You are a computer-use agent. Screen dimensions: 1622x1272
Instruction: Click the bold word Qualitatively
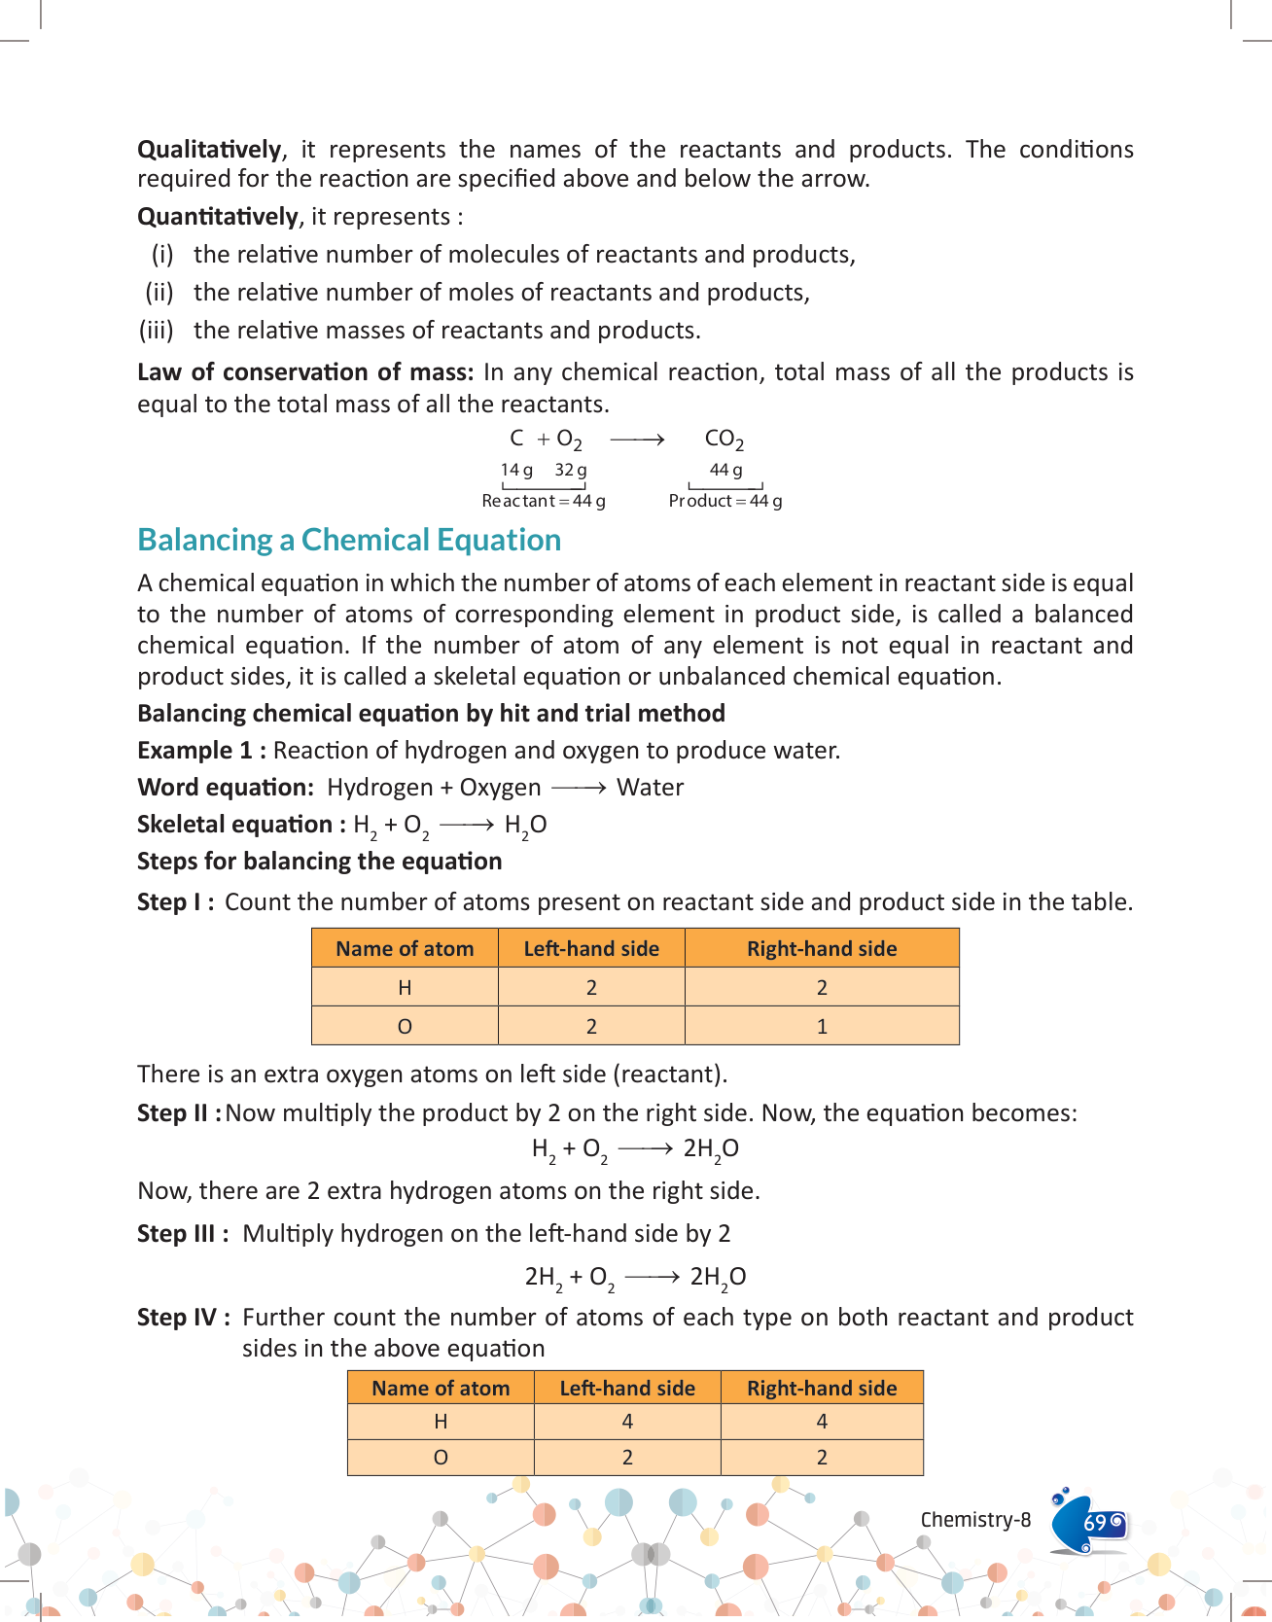pyautogui.click(x=209, y=150)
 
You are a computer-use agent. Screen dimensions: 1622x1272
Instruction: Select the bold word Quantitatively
pyautogui.click(x=218, y=217)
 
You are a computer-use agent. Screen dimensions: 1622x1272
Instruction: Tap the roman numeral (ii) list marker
pyautogui.click(x=159, y=293)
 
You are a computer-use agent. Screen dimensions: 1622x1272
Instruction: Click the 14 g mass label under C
pyautogui.click(x=516, y=471)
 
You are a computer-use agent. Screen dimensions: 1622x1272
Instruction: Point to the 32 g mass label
pyautogui.click(x=571, y=471)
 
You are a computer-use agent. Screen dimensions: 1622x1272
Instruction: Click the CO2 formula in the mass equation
pyautogui.click(x=724, y=441)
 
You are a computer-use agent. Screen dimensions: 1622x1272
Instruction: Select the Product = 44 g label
pyautogui.click(x=724, y=501)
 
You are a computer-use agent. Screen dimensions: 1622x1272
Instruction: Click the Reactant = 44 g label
pyautogui.click(x=544, y=501)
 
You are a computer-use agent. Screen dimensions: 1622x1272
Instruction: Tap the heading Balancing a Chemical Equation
pyautogui.click(x=349, y=540)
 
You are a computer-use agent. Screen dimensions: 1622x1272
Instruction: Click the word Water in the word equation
pyautogui.click(x=650, y=788)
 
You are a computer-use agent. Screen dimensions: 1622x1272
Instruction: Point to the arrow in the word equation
pyautogui.click(x=579, y=788)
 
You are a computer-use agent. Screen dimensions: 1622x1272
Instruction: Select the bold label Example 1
pyautogui.click(x=201, y=751)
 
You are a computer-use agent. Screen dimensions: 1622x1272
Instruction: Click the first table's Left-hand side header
pyautogui.click(x=591, y=949)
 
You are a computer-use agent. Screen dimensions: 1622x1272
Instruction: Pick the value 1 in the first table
pyautogui.click(x=822, y=1027)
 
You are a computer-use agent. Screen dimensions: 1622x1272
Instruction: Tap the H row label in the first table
pyautogui.click(x=405, y=988)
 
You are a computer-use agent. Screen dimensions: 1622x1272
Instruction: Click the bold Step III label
pyautogui.click(x=183, y=1234)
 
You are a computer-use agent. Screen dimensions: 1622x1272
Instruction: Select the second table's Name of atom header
pyautogui.click(x=441, y=1389)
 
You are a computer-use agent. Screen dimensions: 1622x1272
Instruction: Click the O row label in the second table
pyautogui.click(x=441, y=1458)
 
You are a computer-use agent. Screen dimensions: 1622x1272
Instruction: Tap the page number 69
pyautogui.click(x=1095, y=1522)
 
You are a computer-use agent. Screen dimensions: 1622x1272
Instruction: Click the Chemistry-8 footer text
pyautogui.click(x=975, y=1520)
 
